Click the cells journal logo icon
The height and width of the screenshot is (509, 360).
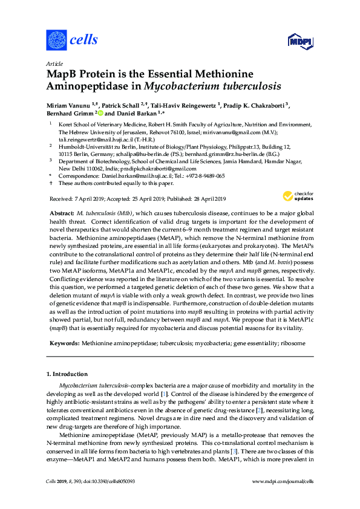(56, 41)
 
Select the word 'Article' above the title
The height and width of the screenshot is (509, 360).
(53, 63)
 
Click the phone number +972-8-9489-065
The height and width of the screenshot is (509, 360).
(203, 175)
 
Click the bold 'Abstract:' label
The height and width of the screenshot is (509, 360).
(61, 215)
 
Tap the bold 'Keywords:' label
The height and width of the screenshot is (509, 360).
(63, 343)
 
